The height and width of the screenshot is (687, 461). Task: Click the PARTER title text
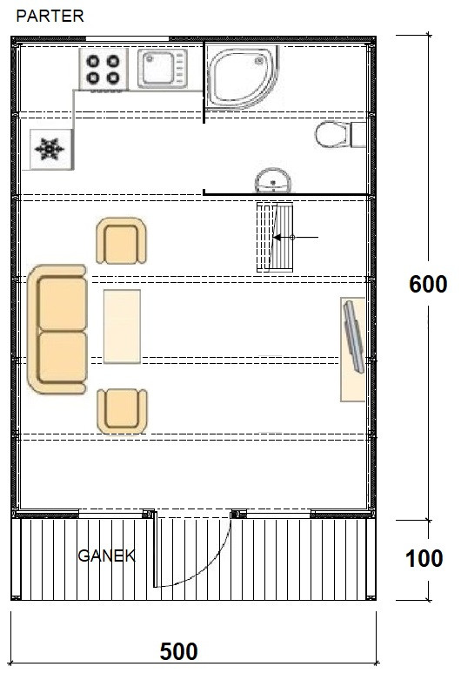tap(50, 16)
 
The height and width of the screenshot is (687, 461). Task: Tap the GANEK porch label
tap(106, 556)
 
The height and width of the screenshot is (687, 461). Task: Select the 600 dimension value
tap(428, 284)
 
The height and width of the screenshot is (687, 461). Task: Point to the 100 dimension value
tap(424, 558)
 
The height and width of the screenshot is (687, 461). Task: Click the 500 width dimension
tap(178, 651)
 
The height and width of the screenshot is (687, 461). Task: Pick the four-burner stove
tap(104, 70)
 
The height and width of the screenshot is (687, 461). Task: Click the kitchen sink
tap(163, 68)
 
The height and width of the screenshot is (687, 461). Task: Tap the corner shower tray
tap(242, 77)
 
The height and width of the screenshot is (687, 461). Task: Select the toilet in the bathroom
tap(340, 135)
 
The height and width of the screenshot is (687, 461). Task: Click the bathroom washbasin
tap(273, 180)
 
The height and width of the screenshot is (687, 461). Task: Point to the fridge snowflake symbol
tap(50, 149)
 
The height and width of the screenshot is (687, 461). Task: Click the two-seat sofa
tap(57, 329)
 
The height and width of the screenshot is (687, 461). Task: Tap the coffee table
tap(122, 327)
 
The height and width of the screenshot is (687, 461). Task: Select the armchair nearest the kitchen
tap(121, 241)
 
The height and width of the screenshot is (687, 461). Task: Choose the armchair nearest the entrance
tap(122, 411)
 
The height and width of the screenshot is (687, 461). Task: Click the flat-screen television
tap(354, 336)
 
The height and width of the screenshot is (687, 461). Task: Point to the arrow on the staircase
tap(296, 238)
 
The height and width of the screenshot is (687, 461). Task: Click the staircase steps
tap(275, 237)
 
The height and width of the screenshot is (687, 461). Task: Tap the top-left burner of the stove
tap(93, 61)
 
